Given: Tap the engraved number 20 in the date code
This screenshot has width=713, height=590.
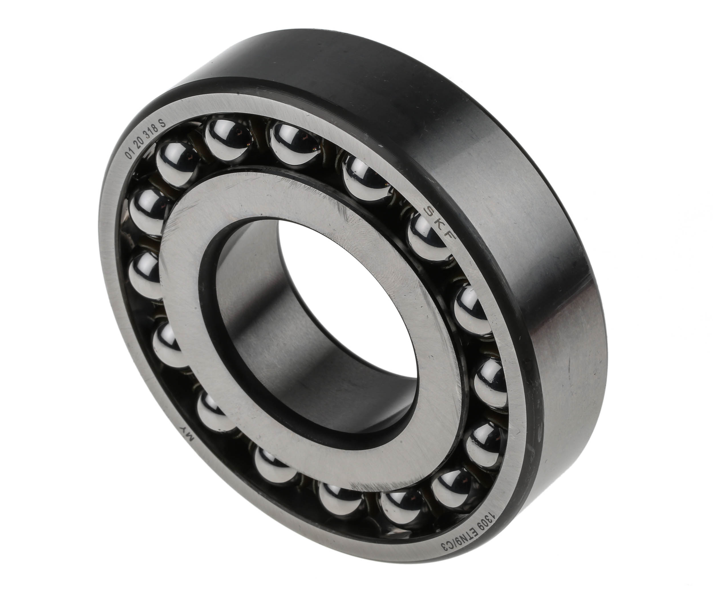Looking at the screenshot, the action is coord(140,144).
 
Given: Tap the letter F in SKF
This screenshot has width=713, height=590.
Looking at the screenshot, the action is coord(449,238).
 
